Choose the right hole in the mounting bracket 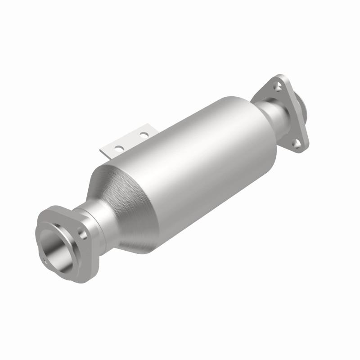click(x=143, y=134)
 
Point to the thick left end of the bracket click(x=105, y=153)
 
